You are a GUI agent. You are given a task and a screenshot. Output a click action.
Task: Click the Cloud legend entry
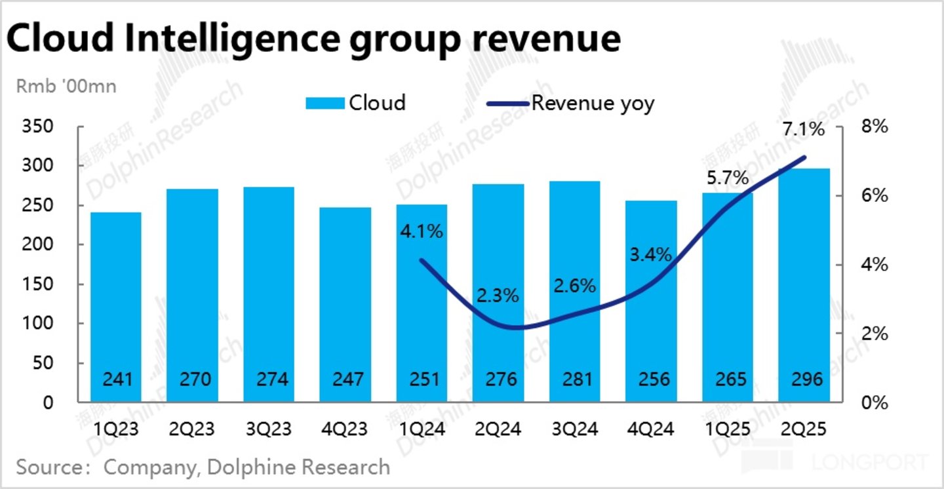(x=355, y=103)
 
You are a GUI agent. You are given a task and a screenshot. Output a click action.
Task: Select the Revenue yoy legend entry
(x=570, y=103)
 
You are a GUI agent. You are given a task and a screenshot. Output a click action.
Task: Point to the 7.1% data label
(x=804, y=129)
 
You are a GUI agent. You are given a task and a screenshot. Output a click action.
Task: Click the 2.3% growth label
(x=498, y=296)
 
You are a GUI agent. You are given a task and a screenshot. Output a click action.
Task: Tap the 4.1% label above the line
(x=422, y=231)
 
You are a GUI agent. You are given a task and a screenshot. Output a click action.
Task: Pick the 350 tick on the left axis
(x=39, y=126)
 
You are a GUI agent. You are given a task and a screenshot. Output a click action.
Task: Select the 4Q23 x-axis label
(x=345, y=430)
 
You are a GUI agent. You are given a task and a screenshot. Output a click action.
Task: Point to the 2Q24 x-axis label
(x=498, y=430)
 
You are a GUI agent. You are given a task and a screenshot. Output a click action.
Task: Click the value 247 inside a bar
(x=345, y=380)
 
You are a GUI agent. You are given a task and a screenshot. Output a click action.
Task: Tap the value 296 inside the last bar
(x=804, y=380)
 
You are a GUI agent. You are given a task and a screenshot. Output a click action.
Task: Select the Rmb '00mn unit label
(x=66, y=86)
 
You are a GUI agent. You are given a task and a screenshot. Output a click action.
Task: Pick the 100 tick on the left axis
(x=39, y=323)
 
